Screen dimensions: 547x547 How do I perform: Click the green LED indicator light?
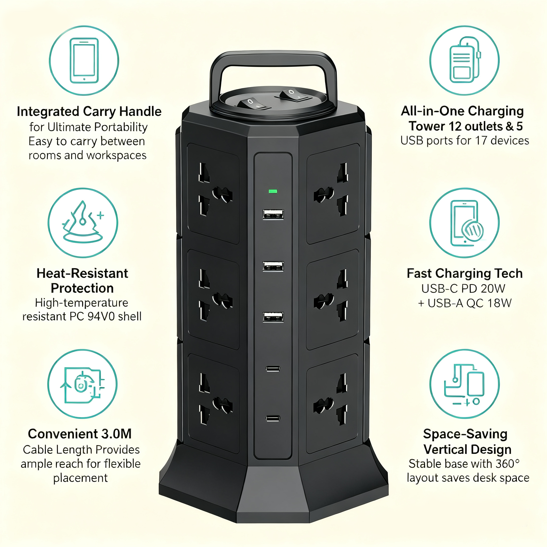click(273, 192)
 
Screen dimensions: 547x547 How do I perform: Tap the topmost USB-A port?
click(273, 214)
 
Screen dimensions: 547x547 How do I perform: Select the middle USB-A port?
click(273, 266)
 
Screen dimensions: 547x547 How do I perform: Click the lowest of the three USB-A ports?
click(273, 317)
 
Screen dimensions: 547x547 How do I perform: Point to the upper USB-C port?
click(273, 369)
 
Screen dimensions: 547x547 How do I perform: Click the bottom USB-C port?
click(273, 418)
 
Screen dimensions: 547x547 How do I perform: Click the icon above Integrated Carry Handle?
click(84, 61)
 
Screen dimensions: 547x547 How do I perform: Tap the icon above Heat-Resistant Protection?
click(83, 223)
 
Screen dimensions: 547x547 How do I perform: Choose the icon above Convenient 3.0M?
click(82, 384)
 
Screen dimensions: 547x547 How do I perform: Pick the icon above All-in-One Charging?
click(464, 61)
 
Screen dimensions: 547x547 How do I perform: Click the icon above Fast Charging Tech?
click(464, 223)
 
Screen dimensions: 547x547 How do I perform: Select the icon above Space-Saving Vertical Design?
click(465, 384)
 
